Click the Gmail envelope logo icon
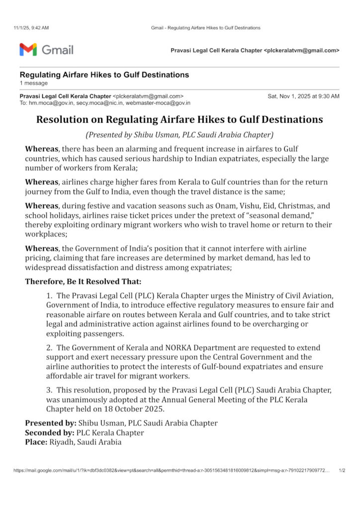coord(28,50)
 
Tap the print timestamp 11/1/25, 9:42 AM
coord(31,28)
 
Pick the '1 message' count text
coord(34,83)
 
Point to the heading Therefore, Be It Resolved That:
coord(83,281)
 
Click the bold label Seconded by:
coord(50,432)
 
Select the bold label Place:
coord(36,441)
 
